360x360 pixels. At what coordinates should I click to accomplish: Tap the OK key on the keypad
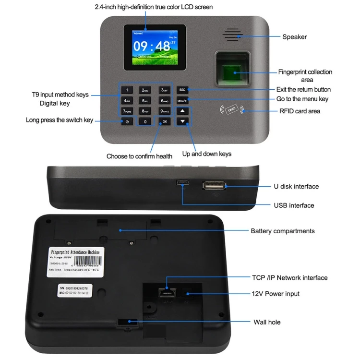(x=165, y=121)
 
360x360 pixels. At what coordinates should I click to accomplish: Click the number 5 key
(x=145, y=101)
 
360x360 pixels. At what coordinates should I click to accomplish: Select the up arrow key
(x=182, y=111)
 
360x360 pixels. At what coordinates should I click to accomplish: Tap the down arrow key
(x=182, y=121)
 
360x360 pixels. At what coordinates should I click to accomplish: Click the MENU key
(x=182, y=101)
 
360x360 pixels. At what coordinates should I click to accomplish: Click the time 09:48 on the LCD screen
(x=152, y=47)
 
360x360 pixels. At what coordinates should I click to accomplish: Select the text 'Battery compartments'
(x=283, y=231)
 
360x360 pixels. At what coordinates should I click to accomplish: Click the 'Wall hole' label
(x=267, y=322)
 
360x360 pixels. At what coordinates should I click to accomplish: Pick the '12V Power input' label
(x=276, y=294)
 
